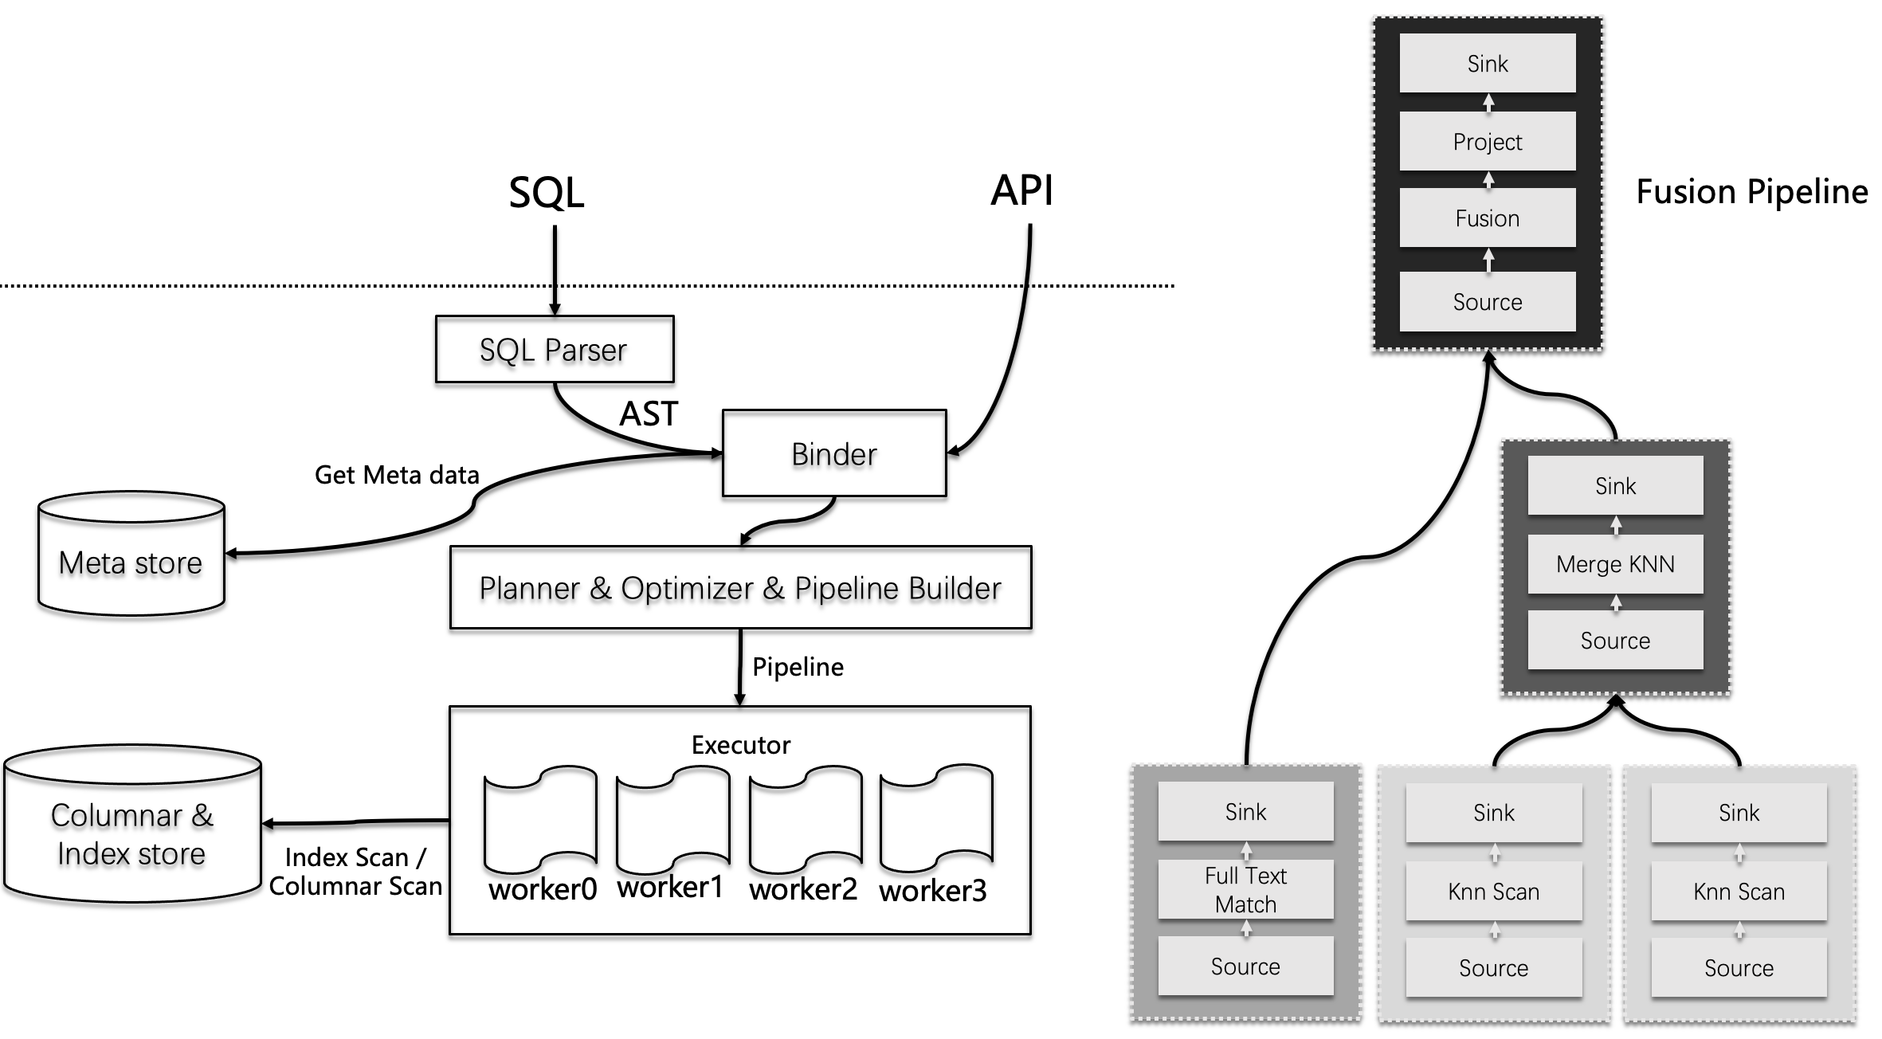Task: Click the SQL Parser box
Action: pos(555,349)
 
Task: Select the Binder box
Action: pos(834,453)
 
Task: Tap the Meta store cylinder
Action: pos(131,553)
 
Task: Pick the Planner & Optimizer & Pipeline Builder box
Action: pos(740,587)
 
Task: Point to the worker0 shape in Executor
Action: pos(541,819)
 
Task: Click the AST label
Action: pos(649,414)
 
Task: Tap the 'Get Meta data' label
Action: pos(397,475)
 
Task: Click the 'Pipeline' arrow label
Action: pos(798,667)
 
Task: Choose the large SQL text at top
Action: pos(547,193)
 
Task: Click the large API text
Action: pos(1021,190)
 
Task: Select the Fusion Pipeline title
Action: pos(1752,192)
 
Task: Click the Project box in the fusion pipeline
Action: pos(1488,141)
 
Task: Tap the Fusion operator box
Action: pos(1488,218)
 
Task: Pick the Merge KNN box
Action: pos(1615,564)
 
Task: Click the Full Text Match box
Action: pos(1245,889)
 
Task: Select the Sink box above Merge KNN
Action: pos(1615,485)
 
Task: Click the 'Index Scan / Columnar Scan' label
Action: pos(355,872)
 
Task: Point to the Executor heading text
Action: pos(741,745)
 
